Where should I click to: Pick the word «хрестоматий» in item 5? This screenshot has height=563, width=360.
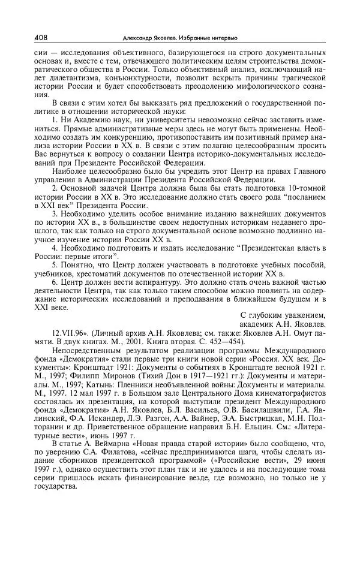click(105, 272)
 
